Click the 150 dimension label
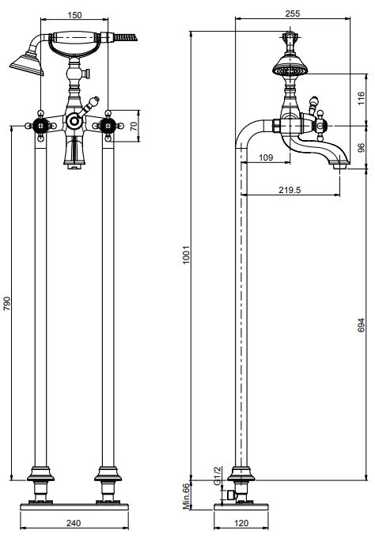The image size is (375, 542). (74, 15)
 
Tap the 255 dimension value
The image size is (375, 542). (293, 13)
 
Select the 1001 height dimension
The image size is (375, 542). (186, 255)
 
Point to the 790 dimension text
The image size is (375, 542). (7, 303)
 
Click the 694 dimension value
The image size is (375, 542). (361, 325)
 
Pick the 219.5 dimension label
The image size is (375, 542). (290, 190)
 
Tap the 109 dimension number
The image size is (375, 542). (266, 157)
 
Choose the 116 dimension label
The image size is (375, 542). (361, 99)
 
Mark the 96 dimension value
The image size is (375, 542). (361, 148)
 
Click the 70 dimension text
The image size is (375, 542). (134, 126)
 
